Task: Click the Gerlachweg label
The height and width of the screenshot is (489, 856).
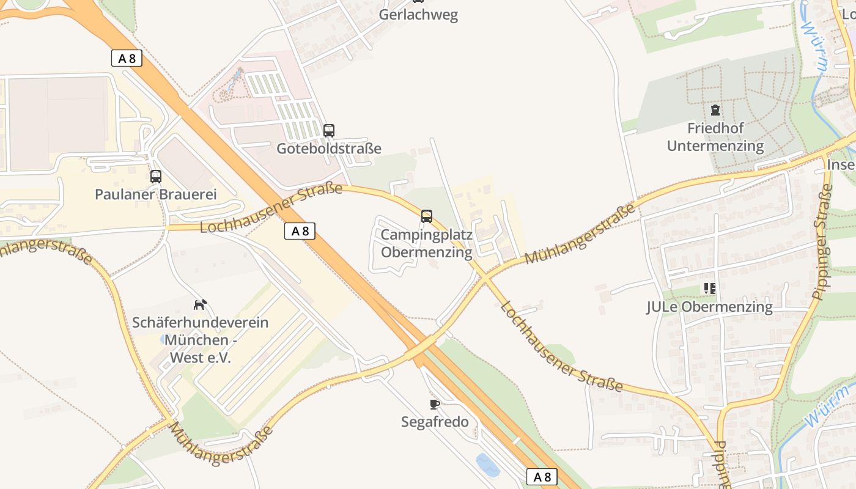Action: click(418, 15)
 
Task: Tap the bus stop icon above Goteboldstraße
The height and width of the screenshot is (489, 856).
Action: click(329, 130)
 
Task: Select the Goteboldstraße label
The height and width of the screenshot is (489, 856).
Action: click(329, 149)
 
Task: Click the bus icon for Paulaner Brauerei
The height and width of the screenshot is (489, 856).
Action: click(156, 177)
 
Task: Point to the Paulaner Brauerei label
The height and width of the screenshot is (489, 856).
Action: click(156, 194)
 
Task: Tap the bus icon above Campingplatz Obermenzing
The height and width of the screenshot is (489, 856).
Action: click(427, 216)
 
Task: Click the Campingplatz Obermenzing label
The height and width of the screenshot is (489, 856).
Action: click(427, 243)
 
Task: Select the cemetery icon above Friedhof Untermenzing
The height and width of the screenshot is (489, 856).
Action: click(715, 111)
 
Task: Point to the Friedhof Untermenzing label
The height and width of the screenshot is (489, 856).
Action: click(715, 138)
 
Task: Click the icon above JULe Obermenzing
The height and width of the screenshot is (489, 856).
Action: click(709, 288)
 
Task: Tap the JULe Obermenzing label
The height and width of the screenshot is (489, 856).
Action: click(709, 307)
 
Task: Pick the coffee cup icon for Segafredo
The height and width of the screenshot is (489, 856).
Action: click(435, 403)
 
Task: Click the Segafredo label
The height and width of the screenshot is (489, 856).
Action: click(435, 422)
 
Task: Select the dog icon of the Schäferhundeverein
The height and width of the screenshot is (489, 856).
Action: click(201, 304)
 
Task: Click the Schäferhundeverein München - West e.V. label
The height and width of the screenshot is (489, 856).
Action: click(201, 340)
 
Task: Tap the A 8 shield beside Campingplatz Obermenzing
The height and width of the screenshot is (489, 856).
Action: click(300, 231)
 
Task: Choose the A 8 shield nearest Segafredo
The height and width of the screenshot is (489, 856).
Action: click(542, 477)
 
